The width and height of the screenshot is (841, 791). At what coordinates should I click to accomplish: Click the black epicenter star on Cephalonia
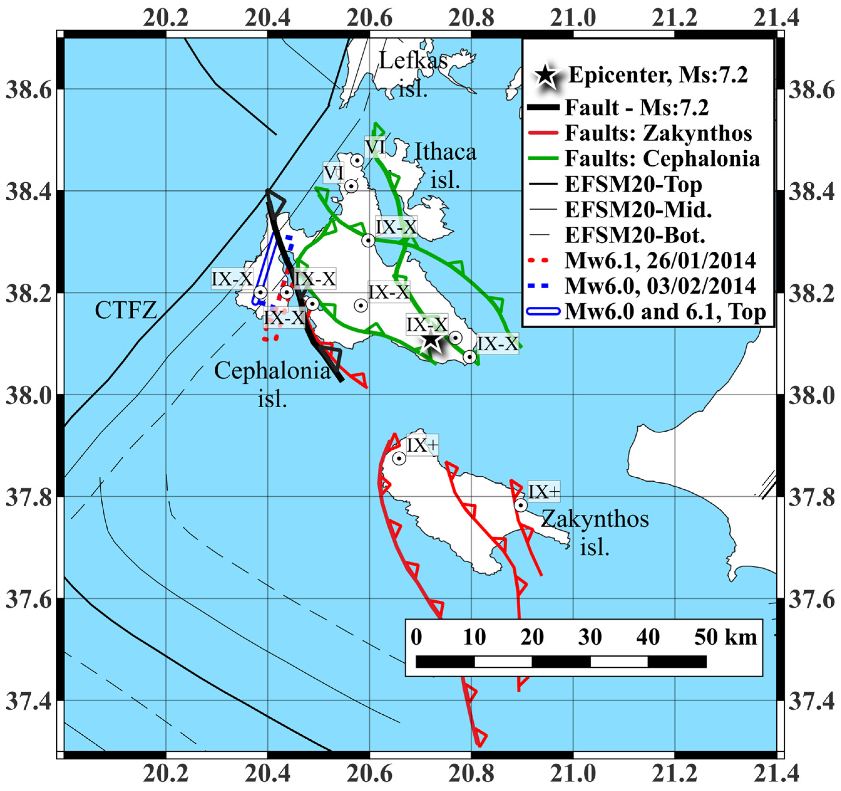430,339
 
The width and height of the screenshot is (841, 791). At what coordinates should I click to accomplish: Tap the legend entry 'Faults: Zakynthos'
658,133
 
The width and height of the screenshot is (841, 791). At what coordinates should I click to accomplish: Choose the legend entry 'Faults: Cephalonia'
662,159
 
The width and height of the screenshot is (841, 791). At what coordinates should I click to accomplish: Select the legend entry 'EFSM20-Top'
633,184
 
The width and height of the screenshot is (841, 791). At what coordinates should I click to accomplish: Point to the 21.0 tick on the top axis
573,18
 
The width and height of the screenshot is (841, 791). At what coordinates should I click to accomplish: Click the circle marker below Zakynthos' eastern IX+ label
521,505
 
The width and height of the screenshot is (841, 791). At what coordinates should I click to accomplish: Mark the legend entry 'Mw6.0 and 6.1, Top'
665,312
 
